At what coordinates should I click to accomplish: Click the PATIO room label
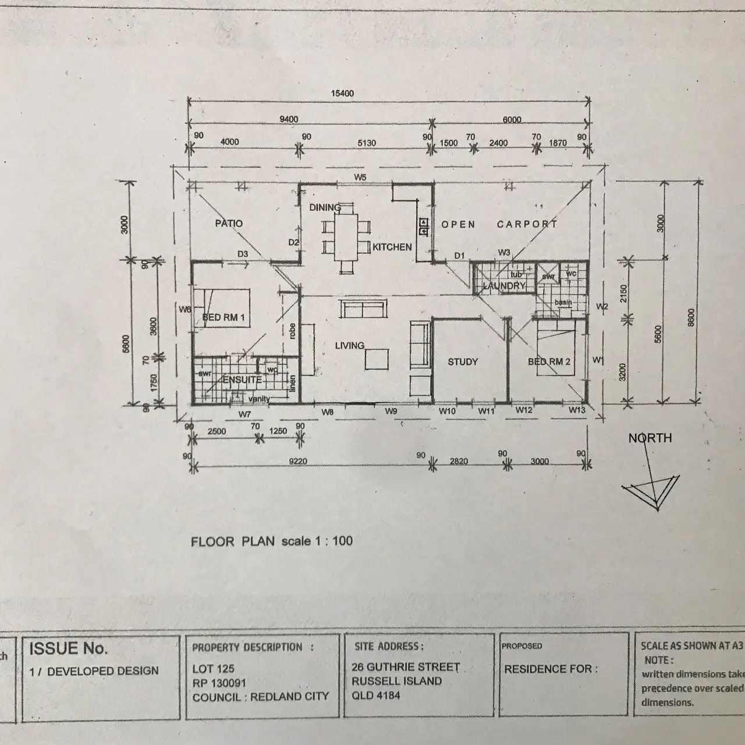pyautogui.click(x=229, y=223)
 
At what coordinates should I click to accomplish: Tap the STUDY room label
pyautogui.click(x=463, y=361)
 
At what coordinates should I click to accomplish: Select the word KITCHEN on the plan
pyautogui.click(x=392, y=247)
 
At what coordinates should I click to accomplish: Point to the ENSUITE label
pyautogui.click(x=242, y=379)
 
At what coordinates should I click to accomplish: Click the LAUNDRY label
pyautogui.click(x=504, y=286)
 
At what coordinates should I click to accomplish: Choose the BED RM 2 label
pyautogui.click(x=549, y=361)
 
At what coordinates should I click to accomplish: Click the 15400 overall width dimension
pyautogui.click(x=342, y=93)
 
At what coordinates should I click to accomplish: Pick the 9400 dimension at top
pyautogui.click(x=289, y=119)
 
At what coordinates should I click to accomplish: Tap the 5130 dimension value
pyautogui.click(x=366, y=143)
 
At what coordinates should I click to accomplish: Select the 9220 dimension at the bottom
pyautogui.click(x=297, y=462)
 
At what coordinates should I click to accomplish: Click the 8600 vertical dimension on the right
pyautogui.click(x=691, y=318)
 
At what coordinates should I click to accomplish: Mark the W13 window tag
pyautogui.click(x=577, y=410)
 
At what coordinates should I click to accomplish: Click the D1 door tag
pyautogui.click(x=460, y=255)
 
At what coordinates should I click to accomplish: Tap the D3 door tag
pyautogui.click(x=242, y=254)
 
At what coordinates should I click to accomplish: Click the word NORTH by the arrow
pyautogui.click(x=650, y=438)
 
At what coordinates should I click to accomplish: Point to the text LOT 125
pyautogui.click(x=213, y=669)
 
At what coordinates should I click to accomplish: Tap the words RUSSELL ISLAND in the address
pyautogui.click(x=396, y=681)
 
